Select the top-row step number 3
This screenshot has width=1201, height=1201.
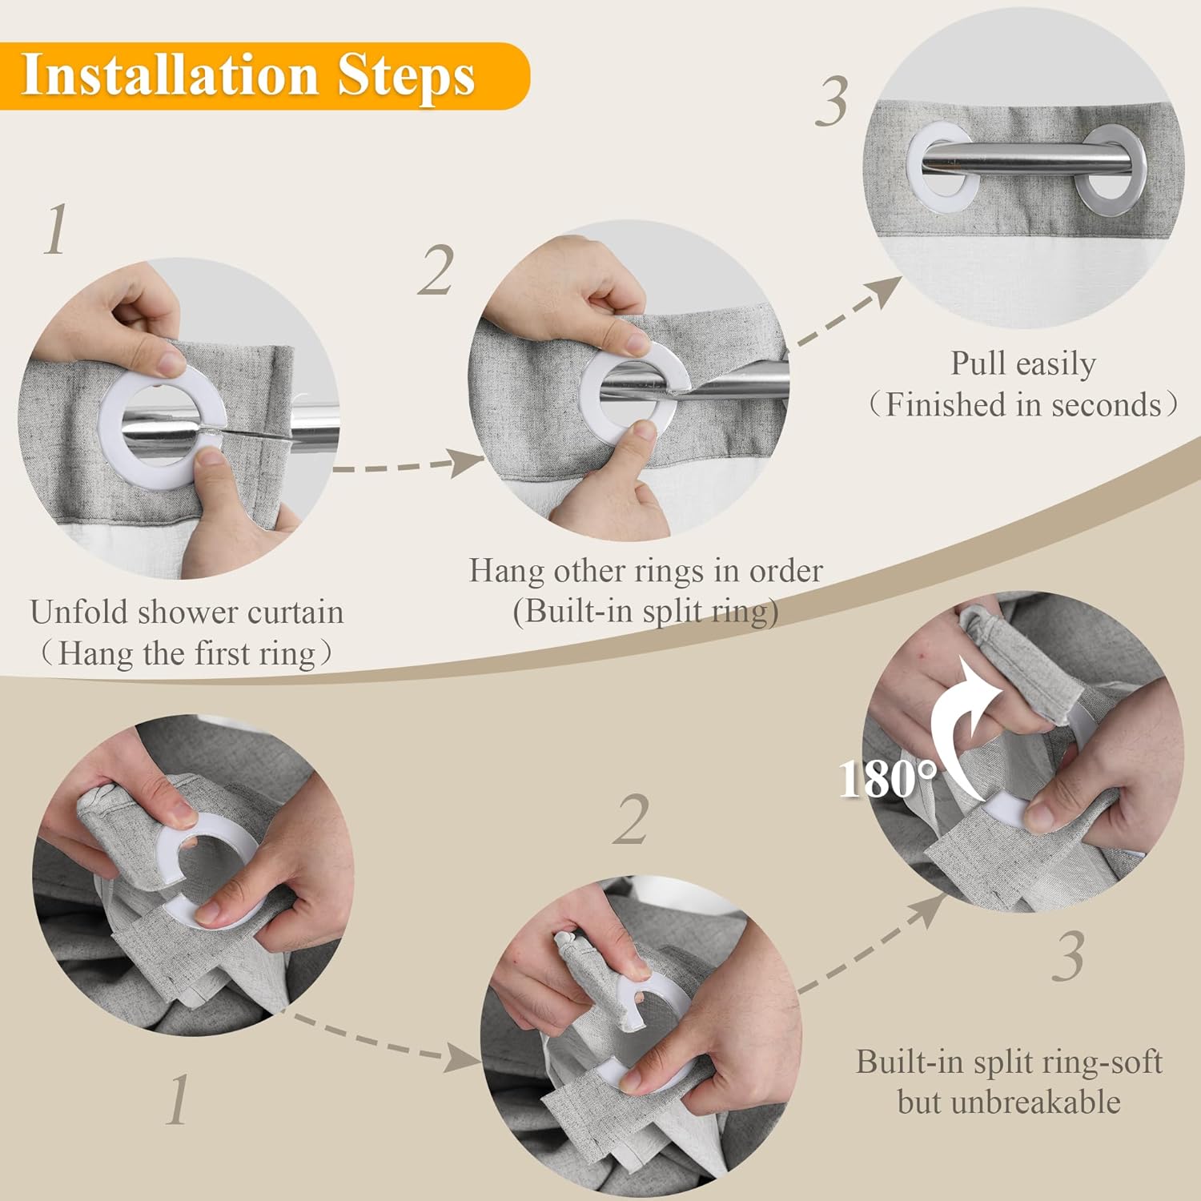(x=832, y=102)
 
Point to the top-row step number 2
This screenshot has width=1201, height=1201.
(x=436, y=271)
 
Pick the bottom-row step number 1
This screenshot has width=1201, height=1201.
(x=178, y=1099)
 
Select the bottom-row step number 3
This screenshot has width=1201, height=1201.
(x=1069, y=956)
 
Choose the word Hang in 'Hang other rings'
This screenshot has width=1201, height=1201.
(x=507, y=572)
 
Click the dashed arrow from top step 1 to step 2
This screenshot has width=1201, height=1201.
(x=408, y=464)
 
